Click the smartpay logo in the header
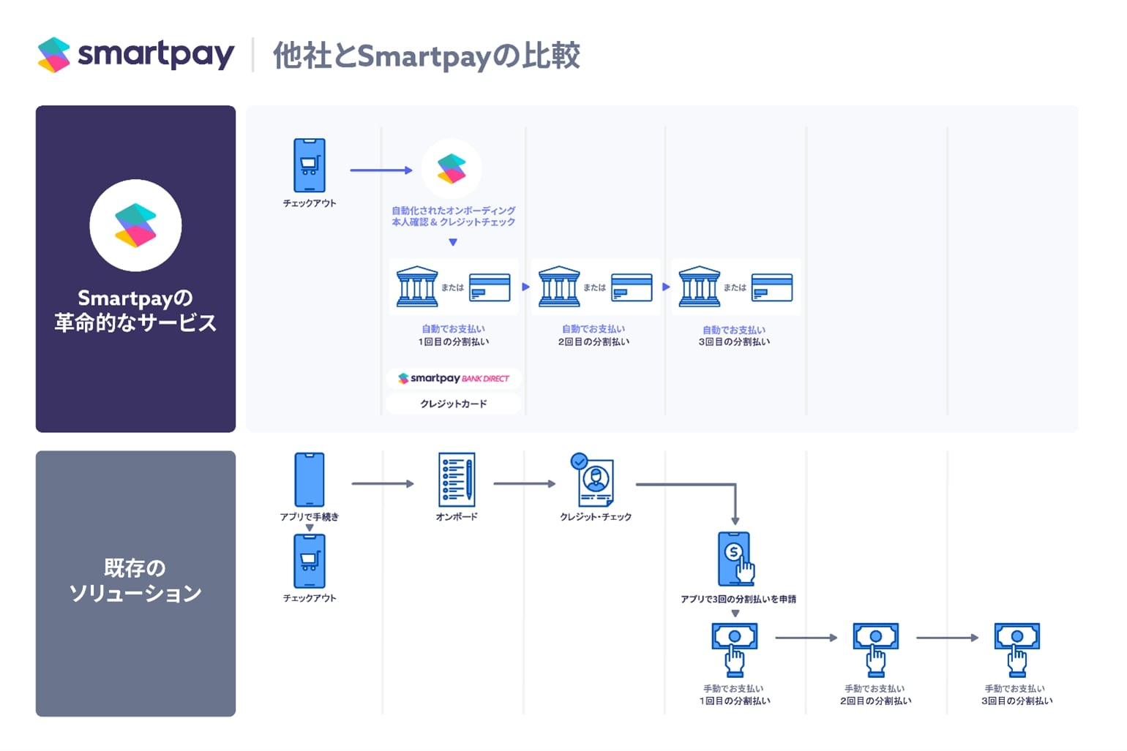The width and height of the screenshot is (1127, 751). point(136,55)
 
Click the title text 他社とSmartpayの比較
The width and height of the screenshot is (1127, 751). point(427,56)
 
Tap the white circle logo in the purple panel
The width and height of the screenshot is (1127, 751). point(135,225)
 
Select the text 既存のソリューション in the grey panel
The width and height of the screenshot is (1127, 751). point(135,580)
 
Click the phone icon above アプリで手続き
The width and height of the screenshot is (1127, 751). point(309,480)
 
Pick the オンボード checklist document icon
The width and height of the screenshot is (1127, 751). point(456,480)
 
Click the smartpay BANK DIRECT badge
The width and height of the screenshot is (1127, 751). point(453,378)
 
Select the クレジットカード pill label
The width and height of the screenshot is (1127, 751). point(453,404)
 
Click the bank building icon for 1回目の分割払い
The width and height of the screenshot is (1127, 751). point(416,287)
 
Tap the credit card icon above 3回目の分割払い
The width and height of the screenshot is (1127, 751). point(772,287)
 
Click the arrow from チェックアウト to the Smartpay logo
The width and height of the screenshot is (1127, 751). point(381,170)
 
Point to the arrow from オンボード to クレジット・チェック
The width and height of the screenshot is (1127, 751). point(524,483)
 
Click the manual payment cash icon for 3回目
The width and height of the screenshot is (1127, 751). point(1016,648)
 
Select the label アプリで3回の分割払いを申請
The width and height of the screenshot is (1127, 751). point(738,599)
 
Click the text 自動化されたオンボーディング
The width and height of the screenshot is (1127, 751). point(453,211)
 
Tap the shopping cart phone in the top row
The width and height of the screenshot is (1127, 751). point(309,165)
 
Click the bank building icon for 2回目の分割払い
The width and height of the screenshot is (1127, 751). point(559,287)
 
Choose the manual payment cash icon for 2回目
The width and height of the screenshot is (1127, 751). point(875,648)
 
